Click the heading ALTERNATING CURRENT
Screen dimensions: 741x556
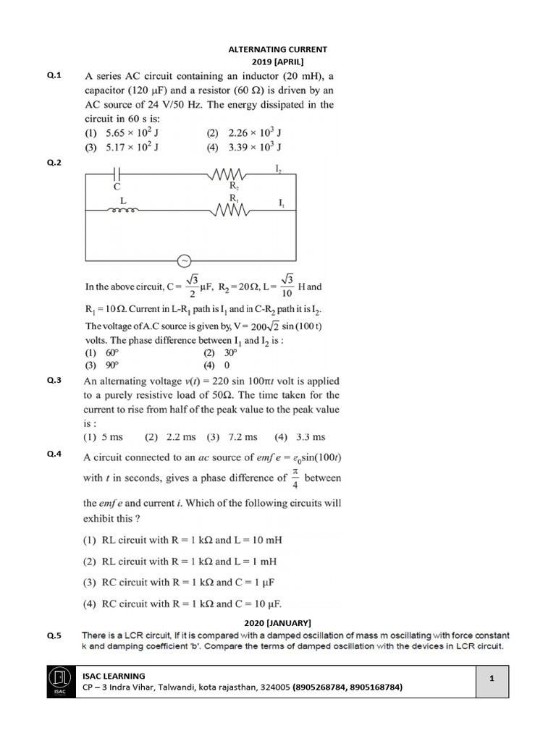point(278,49)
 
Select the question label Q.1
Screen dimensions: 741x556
point(55,75)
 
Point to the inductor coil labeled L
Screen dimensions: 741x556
point(122,211)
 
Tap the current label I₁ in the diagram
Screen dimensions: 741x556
point(282,203)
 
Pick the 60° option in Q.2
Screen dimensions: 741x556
point(102,352)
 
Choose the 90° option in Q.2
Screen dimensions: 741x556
point(102,365)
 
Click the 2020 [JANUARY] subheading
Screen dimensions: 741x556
point(278,622)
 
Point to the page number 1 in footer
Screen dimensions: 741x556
point(491,678)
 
